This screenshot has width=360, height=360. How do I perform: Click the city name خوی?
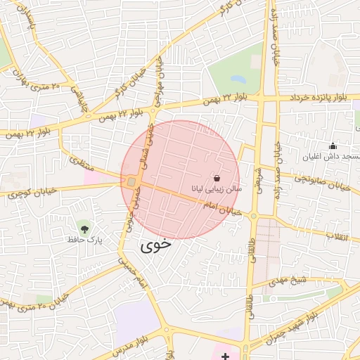(x=155, y=246)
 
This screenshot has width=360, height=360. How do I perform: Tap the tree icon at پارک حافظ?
(x=84, y=228)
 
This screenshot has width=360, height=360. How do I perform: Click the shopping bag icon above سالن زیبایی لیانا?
(x=216, y=179)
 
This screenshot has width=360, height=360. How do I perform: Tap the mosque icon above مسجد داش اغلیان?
(x=333, y=146)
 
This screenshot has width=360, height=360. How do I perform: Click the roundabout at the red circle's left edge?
(x=131, y=183)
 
